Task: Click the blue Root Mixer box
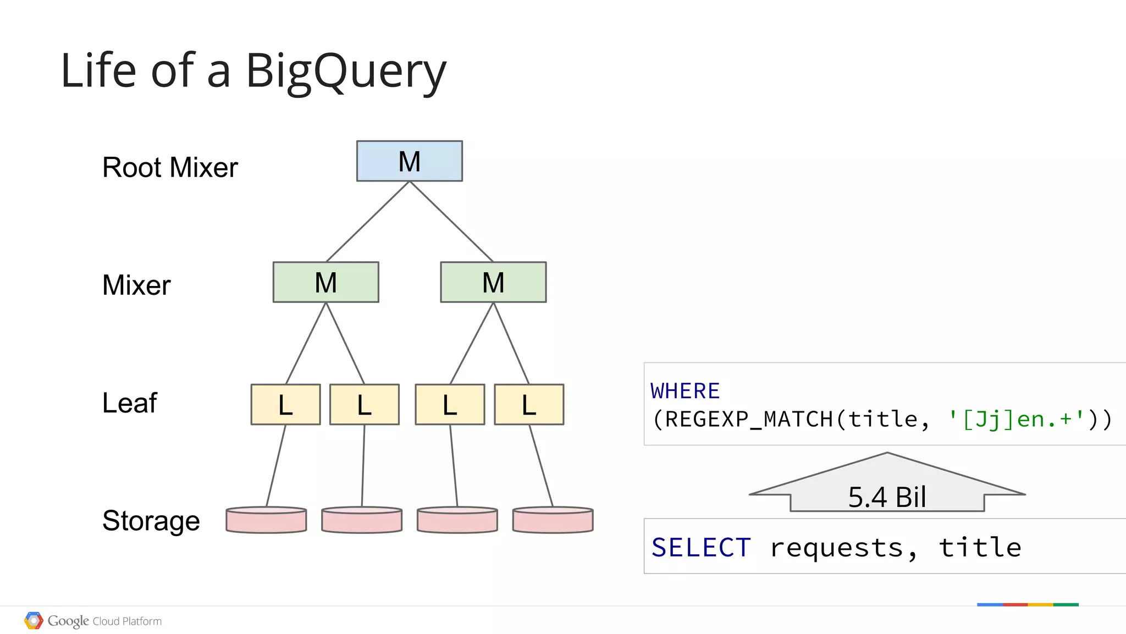pos(409,161)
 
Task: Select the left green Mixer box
pos(325,282)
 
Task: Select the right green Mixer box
pos(493,282)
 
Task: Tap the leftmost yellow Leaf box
pos(285,405)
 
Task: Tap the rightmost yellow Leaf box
pos(529,405)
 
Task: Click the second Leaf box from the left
pos(364,405)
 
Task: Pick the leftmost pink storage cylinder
pos(266,520)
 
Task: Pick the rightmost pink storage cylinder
pos(553,520)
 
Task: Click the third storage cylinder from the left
pos(457,520)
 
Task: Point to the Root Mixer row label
pos(170,167)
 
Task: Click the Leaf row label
pos(130,403)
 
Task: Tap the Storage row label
pos(151,520)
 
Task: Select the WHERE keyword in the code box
pos(685,391)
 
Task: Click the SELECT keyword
pos(701,548)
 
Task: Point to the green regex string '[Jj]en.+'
pos(1016,419)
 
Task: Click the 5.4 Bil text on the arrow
pos(887,497)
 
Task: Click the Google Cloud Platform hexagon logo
pos(34,621)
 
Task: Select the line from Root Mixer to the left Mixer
pos(367,222)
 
